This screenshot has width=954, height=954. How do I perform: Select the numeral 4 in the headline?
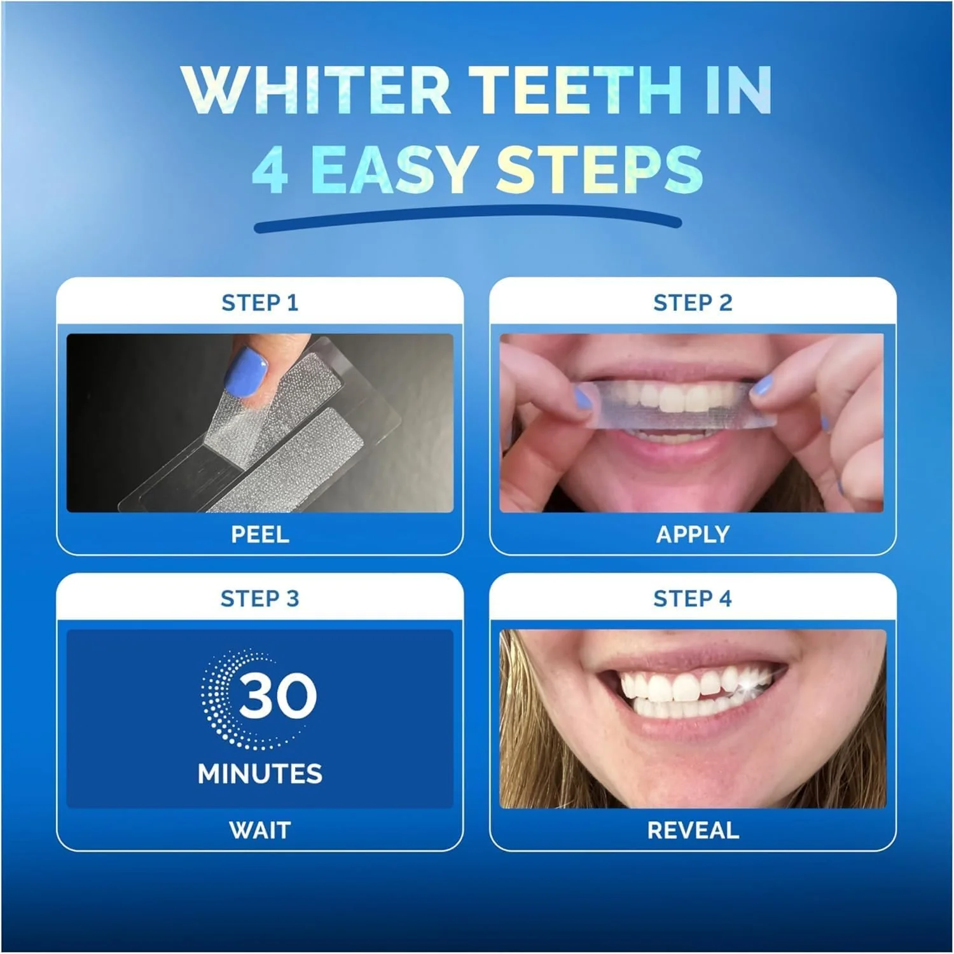270,170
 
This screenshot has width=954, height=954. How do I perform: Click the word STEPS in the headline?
599,170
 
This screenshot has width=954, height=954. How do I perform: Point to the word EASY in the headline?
392,170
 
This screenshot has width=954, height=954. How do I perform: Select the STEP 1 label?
259,303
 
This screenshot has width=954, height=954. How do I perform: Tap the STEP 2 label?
693,303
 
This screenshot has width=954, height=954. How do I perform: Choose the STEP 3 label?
259,598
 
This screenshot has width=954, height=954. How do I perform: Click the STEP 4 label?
693,598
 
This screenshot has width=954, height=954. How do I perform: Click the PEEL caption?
259,534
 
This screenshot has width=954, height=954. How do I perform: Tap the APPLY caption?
693,534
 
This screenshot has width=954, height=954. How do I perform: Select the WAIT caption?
259,830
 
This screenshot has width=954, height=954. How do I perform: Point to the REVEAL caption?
693,830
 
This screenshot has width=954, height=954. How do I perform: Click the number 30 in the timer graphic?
277,696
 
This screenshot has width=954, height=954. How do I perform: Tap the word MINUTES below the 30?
259,774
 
